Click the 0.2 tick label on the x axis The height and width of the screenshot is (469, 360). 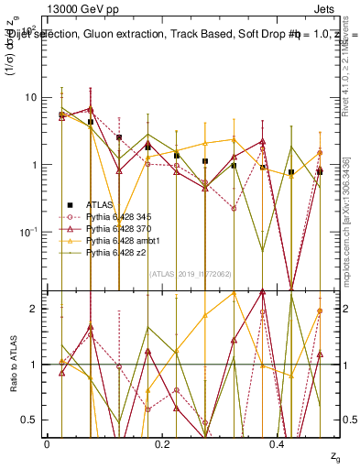[162, 444]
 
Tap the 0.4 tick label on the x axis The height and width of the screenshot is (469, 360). [278, 444]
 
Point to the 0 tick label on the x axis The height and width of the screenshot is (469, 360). [47, 444]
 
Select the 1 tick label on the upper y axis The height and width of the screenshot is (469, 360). [35, 165]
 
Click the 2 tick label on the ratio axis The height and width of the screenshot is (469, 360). [35, 309]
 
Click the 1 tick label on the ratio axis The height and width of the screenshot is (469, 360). [35, 365]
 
